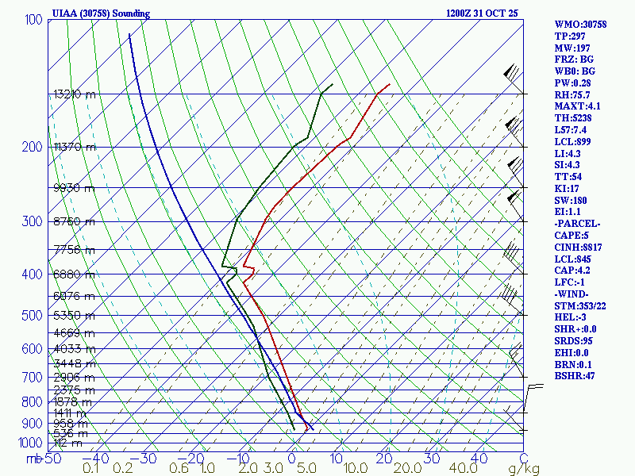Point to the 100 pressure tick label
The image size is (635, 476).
click(x=33, y=19)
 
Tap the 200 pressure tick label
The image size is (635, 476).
click(x=33, y=147)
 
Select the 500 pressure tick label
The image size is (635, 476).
click(x=33, y=316)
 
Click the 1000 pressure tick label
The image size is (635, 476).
click(x=30, y=443)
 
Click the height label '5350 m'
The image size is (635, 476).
click(x=74, y=316)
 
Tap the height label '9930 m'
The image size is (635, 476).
click(x=74, y=188)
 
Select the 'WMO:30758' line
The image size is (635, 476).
click(x=580, y=25)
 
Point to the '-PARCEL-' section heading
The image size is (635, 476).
click(x=577, y=223)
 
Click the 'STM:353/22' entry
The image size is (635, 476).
click(x=580, y=305)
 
